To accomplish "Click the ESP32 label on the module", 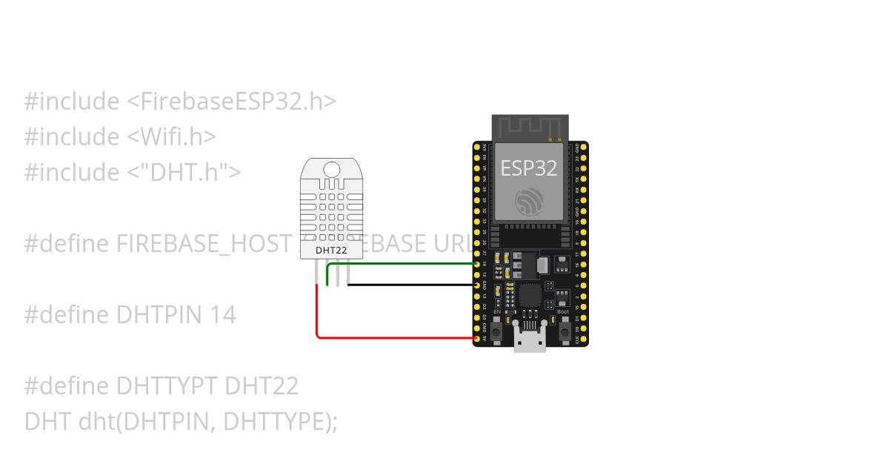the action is [529, 168].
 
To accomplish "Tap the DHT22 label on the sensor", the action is [327, 250].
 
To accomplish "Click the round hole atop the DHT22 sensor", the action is [332, 170].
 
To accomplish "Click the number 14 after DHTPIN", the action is [222, 315].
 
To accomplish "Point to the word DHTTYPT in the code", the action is [166, 386].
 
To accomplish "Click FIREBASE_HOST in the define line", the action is [200, 244].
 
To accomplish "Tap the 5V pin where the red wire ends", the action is [477, 339].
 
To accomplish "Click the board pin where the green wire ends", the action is [477, 263].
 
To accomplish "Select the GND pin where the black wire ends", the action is [477, 285].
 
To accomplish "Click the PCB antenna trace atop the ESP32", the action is [530, 127].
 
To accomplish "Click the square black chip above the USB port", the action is [530, 296].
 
